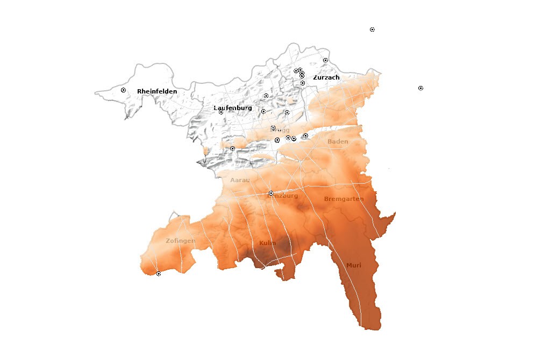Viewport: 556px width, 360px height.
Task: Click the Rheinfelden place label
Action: (157, 91)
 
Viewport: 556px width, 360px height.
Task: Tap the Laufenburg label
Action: (233, 108)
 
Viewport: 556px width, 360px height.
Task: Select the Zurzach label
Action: (326, 77)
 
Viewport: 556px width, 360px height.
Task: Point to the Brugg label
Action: (281, 130)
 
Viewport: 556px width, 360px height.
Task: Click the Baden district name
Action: (338, 141)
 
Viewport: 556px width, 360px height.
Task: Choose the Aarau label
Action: (240, 180)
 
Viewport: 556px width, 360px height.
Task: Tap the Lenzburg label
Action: (283, 196)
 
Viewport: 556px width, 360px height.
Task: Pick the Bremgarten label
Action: (344, 199)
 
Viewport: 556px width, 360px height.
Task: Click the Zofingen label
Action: (180, 241)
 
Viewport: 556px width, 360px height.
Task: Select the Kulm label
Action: (267, 243)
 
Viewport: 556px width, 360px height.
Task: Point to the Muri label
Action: (354, 265)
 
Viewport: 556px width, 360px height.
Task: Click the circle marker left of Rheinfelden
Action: (123, 90)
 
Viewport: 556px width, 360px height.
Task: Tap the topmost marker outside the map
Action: (372, 30)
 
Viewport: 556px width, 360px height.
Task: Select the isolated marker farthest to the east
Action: (420, 88)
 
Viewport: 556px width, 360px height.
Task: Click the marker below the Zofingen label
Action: (158, 274)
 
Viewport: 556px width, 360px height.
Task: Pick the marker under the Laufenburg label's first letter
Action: (220, 112)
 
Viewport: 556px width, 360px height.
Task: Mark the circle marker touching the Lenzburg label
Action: (271, 193)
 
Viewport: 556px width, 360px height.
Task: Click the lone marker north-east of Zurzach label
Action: (325, 60)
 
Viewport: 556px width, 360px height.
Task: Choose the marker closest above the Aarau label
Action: (232, 148)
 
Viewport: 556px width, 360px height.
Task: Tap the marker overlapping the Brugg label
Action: (273, 128)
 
